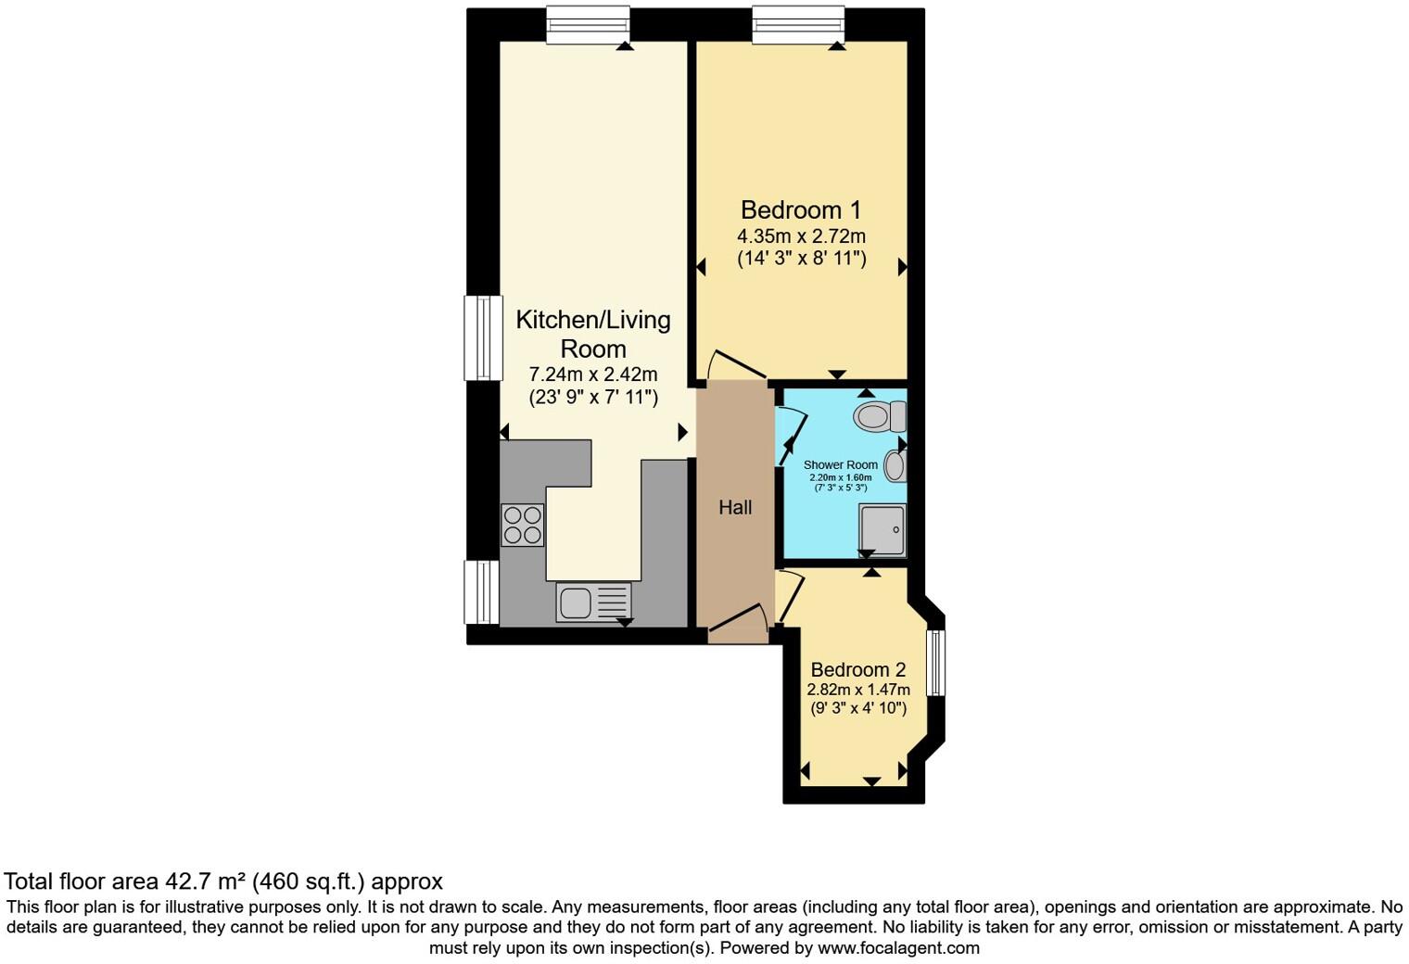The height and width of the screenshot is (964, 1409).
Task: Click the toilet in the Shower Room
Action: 878,416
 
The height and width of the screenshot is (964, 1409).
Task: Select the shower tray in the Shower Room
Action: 882,529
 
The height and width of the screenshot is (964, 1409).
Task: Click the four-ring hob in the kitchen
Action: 522,525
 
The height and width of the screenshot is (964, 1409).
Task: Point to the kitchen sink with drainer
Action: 593,602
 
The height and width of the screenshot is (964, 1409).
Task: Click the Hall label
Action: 735,507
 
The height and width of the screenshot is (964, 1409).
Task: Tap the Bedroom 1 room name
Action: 801,210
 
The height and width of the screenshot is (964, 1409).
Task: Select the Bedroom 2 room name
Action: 857,669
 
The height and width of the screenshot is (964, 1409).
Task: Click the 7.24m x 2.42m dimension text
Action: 592,374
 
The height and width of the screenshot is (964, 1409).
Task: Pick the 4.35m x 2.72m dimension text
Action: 801,236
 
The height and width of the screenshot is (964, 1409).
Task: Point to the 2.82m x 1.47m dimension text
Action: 857,690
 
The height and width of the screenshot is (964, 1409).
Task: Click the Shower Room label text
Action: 840,464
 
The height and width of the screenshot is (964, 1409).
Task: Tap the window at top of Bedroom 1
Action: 798,24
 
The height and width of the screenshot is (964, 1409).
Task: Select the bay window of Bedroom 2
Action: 936,663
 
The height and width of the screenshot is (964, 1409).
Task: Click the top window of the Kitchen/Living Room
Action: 588,24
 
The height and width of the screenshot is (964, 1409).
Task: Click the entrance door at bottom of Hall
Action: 738,623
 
